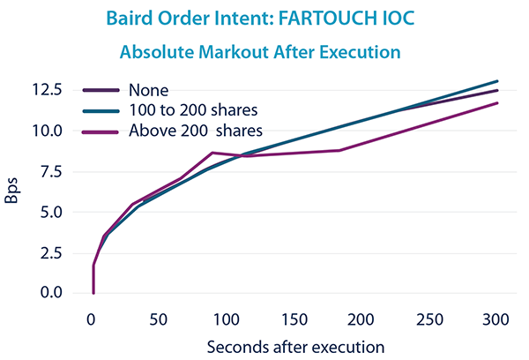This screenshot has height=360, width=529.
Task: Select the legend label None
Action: point(146,89)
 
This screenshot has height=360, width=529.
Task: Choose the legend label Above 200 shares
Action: point(195,131)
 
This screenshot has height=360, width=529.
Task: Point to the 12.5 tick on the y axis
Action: point(46,90)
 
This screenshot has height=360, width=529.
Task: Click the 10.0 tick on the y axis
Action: point(46,131)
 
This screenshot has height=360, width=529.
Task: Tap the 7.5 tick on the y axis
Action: point(48,171)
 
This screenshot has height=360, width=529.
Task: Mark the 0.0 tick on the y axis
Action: point(48,293)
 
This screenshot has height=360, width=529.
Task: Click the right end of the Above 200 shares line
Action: point(498,103)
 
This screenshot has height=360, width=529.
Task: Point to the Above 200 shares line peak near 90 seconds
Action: point(212,153)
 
